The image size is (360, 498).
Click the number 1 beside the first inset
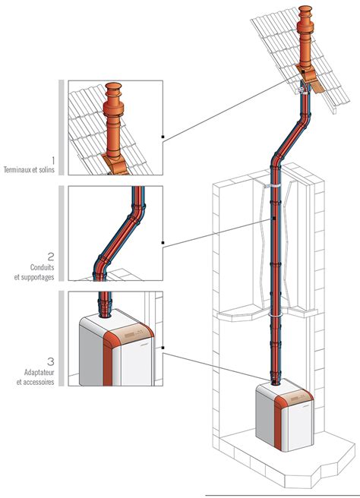(53, 160)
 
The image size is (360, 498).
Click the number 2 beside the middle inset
(51, 256)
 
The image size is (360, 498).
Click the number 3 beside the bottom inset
(51, 361)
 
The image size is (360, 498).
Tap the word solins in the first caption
(47, 169)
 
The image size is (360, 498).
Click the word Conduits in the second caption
(43, 267)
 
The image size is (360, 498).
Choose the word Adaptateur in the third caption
(39, 372)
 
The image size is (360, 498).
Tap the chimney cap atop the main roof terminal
(305, 11)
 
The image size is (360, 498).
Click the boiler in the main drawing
(285, 417)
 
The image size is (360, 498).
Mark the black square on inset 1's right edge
(163, 137)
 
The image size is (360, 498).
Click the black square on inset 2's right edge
(163, 243)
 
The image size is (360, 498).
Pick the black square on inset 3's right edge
(163, 348)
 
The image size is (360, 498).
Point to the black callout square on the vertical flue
(273, 219)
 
